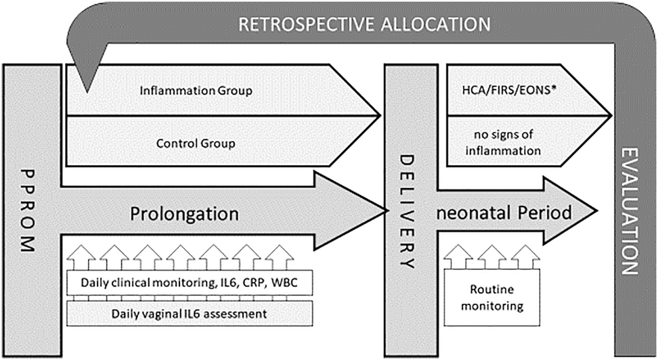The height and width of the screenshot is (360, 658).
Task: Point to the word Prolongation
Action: pyautogui.click(x=185, y=214)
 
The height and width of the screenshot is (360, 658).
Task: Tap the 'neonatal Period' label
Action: pyautogui.click(x=505, y=212)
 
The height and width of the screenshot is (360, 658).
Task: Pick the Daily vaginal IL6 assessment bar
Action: pyautogui.click(x=188, y=314)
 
